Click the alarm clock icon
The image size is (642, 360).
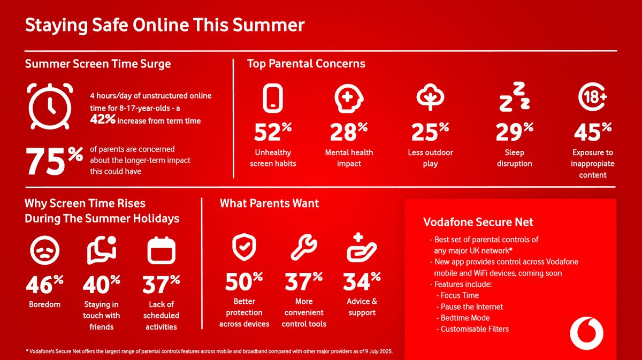click(x=50, y=106)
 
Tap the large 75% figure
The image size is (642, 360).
click(x=55, y=160)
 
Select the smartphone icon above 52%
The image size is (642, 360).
click(x=272, y=98)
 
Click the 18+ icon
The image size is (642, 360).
click(x=592, y=97)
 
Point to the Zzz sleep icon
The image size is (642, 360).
click(x=515, y=97)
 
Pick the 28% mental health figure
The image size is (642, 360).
click(x=349, y=132)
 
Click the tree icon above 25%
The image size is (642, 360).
click(x=430, y=97)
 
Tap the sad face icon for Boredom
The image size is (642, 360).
click(x=45, y=250)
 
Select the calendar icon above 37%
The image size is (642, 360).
click(x=161, y=250)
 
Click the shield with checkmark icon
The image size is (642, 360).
click(x=244, y=247)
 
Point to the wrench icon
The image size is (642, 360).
click(x=304, y=247)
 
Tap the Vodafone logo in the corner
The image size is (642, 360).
click(x=586, y=333)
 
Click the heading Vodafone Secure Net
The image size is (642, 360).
click(x=478, y=222)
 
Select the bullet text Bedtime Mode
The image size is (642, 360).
click(x=465, y=318)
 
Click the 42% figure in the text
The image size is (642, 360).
click(x=103, y=119)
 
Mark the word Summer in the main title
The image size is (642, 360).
click(x=268, y=25)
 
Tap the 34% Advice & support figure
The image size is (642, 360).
click(x=362, y=281)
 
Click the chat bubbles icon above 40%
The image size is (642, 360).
click(x=102, y=250)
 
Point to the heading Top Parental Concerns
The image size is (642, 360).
click(x=306, y=64)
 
